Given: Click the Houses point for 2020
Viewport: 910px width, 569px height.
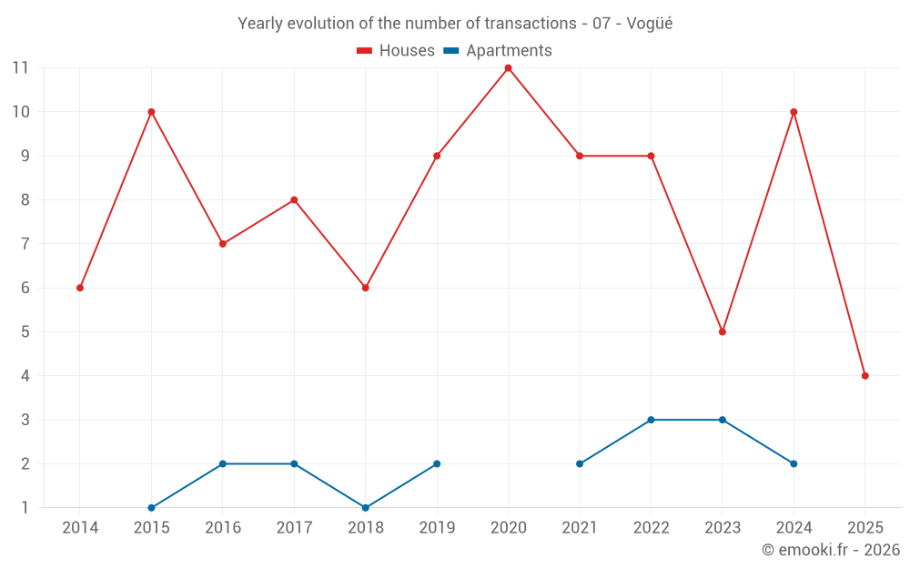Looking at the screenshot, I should [x=508, y=68].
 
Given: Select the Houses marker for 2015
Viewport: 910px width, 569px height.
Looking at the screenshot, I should [x=151, y=112].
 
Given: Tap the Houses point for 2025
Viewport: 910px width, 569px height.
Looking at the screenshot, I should [x=864, y=376].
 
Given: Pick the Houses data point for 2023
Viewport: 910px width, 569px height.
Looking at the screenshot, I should [x=722, y=331].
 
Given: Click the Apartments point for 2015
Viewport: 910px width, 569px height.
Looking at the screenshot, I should [x=151, y=508].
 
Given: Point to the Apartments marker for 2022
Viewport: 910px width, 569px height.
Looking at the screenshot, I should [x=651, y=420].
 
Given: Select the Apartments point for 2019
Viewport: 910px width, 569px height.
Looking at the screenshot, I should [x=437, y=463].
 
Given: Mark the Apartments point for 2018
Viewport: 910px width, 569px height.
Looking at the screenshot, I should [x=365, y=508].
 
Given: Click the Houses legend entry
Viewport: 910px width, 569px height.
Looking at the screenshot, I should [x=396, y=51].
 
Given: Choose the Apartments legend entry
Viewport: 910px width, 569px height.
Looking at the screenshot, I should [x=498, y=51].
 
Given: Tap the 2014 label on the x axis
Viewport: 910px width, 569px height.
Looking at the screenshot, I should [x=80, y=528].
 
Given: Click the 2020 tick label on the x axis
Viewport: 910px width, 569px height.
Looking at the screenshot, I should [x=508, y=528].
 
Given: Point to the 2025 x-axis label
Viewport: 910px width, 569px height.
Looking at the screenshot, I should [x=864, y=528].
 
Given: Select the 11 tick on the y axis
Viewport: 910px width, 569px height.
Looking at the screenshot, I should [x=21, y=68].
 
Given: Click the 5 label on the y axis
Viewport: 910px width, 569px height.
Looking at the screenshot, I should [x=25, y=331].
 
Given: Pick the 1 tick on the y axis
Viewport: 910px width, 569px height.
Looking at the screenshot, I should [x=25, y=508].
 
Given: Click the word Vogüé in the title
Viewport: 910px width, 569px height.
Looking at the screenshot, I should [x=650, y=24].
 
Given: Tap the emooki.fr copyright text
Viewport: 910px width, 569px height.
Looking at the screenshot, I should [x=831, y=550].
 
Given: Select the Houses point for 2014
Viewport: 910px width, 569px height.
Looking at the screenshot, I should [x=80, y=288].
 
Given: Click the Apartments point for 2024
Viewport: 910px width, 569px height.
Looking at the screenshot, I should [x=794, y=463].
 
